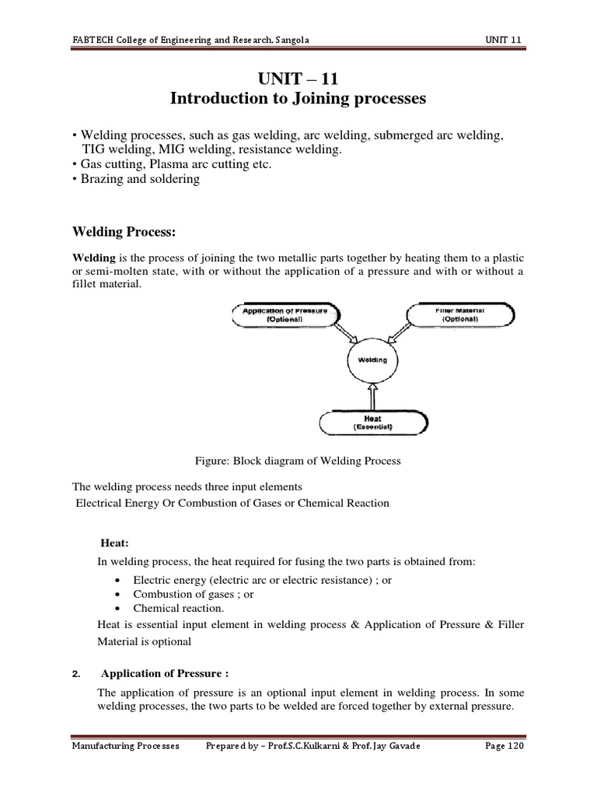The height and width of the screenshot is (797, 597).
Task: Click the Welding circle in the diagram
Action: (x=372, y=360)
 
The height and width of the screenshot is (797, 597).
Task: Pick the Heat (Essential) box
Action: (x=372, y=423)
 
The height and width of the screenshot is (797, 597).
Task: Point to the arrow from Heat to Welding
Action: (x=372, y=397)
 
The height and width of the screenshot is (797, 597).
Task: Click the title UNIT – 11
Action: (x=298, y=79)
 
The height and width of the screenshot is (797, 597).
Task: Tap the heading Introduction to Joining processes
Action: (x=298, y=99)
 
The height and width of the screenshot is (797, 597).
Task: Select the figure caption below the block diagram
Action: (x=298, y=461)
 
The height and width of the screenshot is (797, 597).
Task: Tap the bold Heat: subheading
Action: (x=117, y=543)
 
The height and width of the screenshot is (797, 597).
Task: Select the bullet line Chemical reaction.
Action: (x=178, y=608)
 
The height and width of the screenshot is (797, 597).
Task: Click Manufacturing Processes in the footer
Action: (x=125, y=746)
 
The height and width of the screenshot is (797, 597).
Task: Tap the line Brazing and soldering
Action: (x=136, y=179)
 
